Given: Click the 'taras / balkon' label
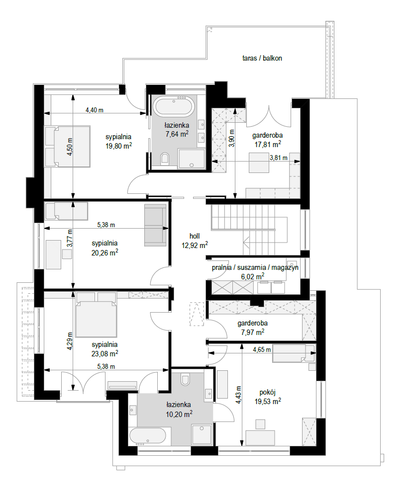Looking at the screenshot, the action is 262,58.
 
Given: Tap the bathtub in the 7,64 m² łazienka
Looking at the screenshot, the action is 173,106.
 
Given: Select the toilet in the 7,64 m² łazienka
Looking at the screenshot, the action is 165,159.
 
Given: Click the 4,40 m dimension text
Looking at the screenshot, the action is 94,110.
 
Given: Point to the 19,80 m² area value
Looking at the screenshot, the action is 118,146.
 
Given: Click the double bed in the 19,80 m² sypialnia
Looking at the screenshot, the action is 67,146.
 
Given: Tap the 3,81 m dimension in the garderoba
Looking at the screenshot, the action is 278,158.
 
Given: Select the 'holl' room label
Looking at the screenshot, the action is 195,236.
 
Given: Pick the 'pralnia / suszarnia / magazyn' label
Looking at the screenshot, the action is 255,267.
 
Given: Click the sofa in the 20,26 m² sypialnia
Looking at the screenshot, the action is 155,225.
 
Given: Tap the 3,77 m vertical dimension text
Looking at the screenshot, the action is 70,238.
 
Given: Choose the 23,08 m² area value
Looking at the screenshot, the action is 105,354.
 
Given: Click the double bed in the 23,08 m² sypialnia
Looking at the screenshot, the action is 96,315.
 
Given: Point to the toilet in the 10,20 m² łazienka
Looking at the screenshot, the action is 185,379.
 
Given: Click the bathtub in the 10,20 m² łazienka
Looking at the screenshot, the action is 148,436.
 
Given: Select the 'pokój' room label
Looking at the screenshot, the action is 268,392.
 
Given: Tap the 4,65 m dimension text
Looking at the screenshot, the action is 262,349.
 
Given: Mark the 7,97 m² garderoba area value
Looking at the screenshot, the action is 253,333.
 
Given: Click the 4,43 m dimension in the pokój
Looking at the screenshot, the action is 238,395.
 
